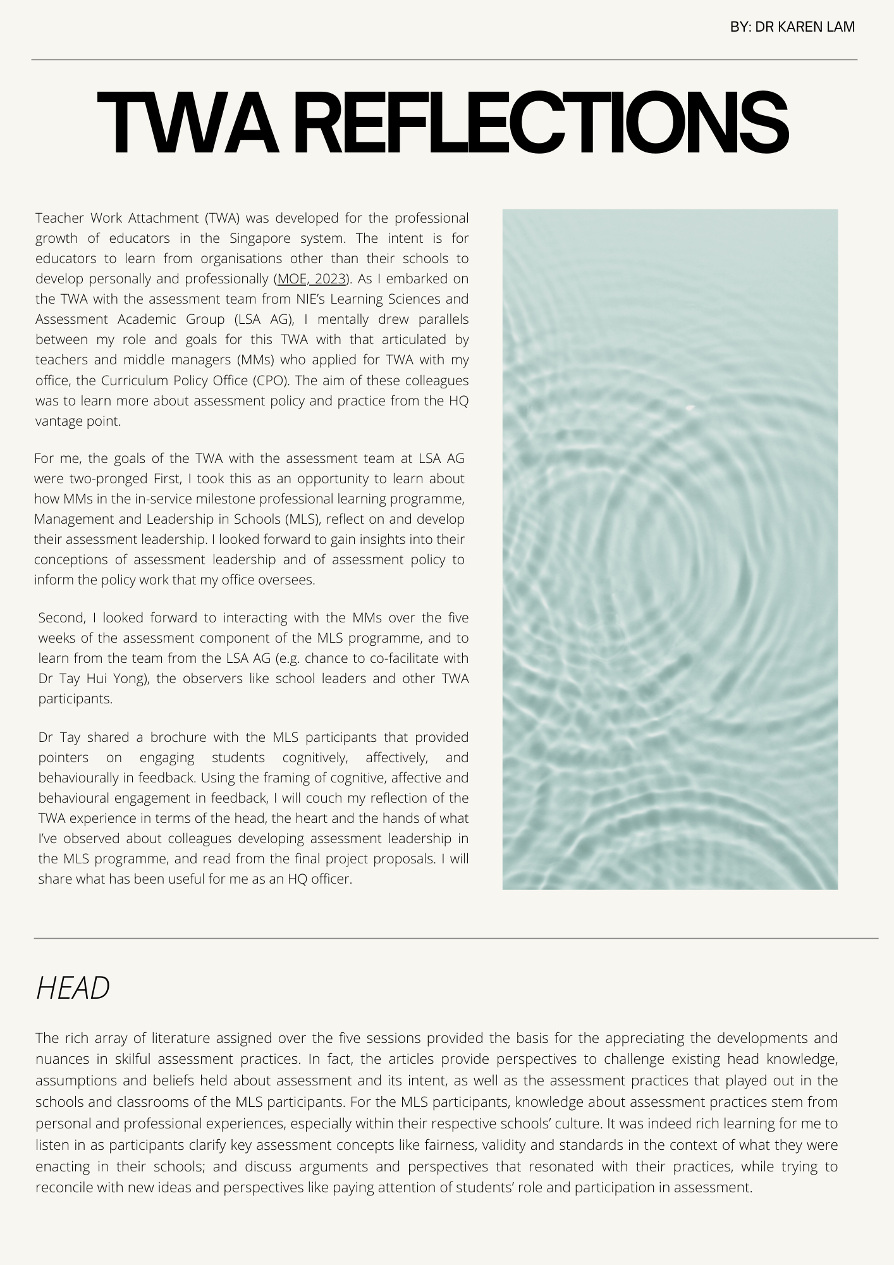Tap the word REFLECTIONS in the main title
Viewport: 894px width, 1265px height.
click(541, 123)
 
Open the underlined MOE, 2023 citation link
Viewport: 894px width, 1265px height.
click(312, 279)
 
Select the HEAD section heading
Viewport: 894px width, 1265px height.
click(73, 988)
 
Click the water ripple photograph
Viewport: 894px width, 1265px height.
click(670, 549)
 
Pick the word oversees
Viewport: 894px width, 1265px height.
click(289, 580)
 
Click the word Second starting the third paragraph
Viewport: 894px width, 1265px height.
click(61, 618)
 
